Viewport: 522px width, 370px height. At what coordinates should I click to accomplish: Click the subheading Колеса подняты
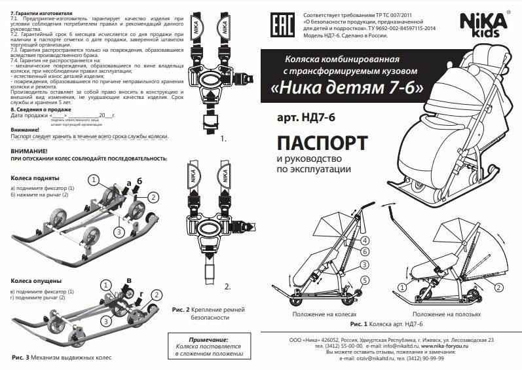click(x=35, y=178)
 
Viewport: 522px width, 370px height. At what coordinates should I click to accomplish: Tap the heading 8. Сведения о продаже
click(x=37, y=109)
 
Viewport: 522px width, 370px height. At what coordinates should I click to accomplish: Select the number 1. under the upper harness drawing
click(x=223, y=139)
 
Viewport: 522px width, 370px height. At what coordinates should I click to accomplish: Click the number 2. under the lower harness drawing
click(x=227, y=286)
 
